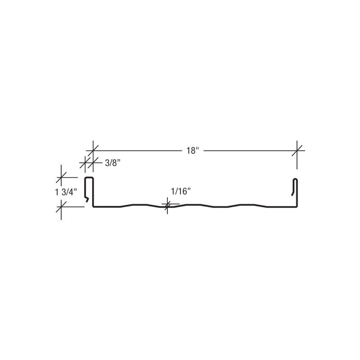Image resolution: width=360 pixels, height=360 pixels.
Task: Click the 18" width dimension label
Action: (x=192, y=151)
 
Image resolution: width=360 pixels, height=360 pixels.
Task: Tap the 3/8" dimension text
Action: (x=113, y=163)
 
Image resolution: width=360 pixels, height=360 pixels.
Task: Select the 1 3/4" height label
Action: (x=66, y=192)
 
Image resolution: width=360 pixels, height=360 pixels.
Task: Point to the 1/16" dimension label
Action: (x=181, y=191)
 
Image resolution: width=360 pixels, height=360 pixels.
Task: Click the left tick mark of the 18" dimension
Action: (x=93, y=151)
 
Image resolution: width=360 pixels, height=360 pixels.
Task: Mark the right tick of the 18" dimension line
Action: (x=297, y=151)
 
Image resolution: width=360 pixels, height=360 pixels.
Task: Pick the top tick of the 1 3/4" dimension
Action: (x=61, y=177)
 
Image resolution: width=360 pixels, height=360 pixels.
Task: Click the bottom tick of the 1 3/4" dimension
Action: (x=61, y=207)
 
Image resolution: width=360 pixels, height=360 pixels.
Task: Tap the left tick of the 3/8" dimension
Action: (x=85, y=163)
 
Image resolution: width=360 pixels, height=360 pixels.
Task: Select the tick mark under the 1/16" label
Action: (x=167, y=205)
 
